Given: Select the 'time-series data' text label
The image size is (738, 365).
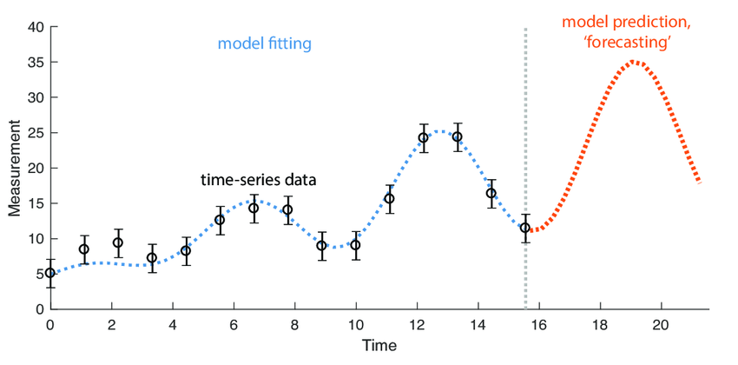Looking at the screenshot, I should [x=258, y=181].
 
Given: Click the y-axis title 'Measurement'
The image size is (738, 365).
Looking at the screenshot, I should [x=15, y=168].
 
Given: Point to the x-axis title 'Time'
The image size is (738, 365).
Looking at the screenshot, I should [x=374, y=346].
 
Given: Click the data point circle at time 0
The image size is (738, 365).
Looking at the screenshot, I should [x=50, y=273].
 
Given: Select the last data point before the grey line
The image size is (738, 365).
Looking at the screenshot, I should [x=525, y=228].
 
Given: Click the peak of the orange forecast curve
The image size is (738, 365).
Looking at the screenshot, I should [x=634, y=62].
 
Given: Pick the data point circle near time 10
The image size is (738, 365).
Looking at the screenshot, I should [x=355, y=245].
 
